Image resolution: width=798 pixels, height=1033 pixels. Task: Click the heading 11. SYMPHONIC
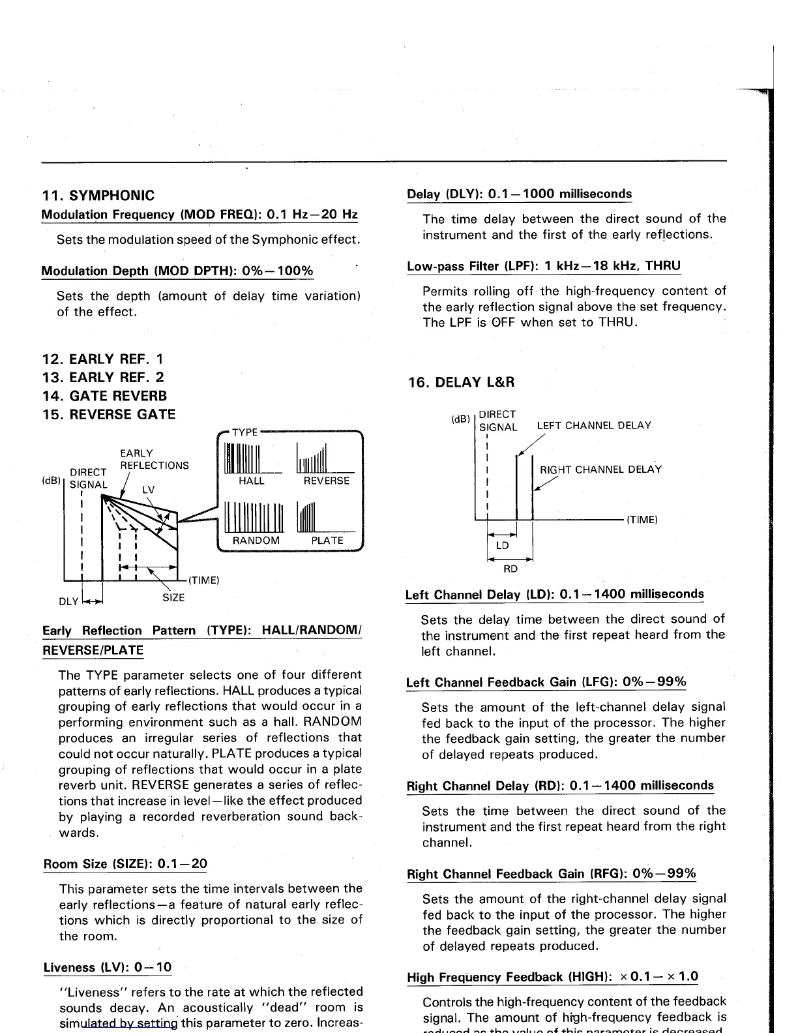[98, 196]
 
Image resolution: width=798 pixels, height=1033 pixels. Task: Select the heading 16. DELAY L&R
[462, 382]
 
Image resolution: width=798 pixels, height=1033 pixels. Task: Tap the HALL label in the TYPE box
[252, 481]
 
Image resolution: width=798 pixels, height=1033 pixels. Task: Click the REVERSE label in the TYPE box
[327, 481]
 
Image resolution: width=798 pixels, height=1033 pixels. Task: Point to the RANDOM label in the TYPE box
[256, 541]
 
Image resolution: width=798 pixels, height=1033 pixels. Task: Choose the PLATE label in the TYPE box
[327, 541]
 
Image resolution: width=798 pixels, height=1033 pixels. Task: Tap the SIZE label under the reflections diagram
[173, 597]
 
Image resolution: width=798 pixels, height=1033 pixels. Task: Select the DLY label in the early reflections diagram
[68, 601]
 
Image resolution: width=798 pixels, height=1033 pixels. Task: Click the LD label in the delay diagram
[502, 546]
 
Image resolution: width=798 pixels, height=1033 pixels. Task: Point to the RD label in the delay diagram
[510, 569]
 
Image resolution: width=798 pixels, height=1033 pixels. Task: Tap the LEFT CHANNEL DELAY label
[594, 426]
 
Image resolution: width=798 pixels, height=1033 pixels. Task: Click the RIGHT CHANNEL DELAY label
[600, 470]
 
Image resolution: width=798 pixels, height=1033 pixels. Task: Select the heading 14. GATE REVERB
[104, 396]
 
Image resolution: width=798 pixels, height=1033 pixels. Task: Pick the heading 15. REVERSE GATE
[109, 415]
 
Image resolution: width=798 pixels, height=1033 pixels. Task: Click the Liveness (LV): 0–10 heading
[108, 967]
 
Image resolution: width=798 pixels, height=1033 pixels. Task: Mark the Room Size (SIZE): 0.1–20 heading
[125, 864]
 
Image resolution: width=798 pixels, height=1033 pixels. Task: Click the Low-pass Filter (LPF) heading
[544, 266]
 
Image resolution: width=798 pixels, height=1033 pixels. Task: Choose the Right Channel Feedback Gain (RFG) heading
[552, 874]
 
